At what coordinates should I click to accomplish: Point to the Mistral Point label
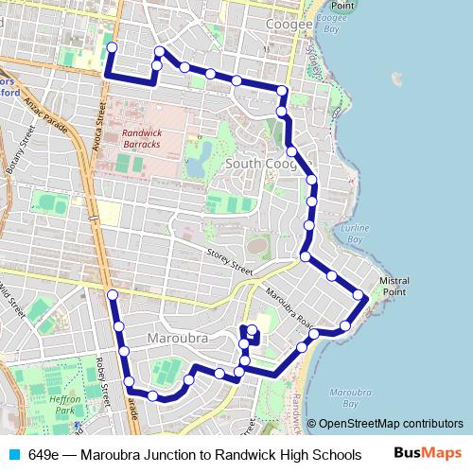pyautogui.click(x=394, y=287)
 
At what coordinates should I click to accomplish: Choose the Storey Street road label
pyautogui.click(x=230, y=263)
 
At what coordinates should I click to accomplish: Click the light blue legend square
pyautogui.click(x=12, y=454)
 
